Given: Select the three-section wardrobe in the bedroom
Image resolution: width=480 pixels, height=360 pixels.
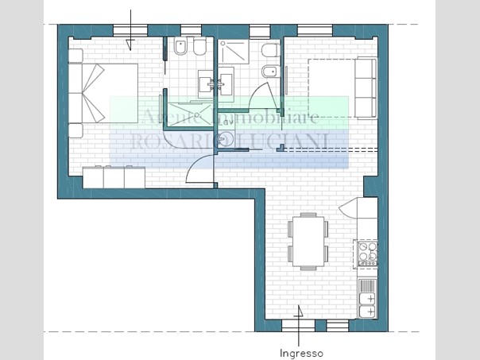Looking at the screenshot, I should coord(113,176).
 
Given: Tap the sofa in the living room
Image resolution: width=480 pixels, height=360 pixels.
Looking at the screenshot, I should coord(366,87).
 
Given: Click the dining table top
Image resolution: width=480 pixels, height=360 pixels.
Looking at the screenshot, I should coord(308,240).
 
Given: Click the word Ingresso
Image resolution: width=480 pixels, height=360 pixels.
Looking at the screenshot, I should coord(301,352).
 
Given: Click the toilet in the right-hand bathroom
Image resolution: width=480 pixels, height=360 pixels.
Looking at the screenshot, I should coord(269,50).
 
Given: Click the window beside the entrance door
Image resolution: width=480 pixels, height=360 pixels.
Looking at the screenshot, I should coord(338,325).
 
